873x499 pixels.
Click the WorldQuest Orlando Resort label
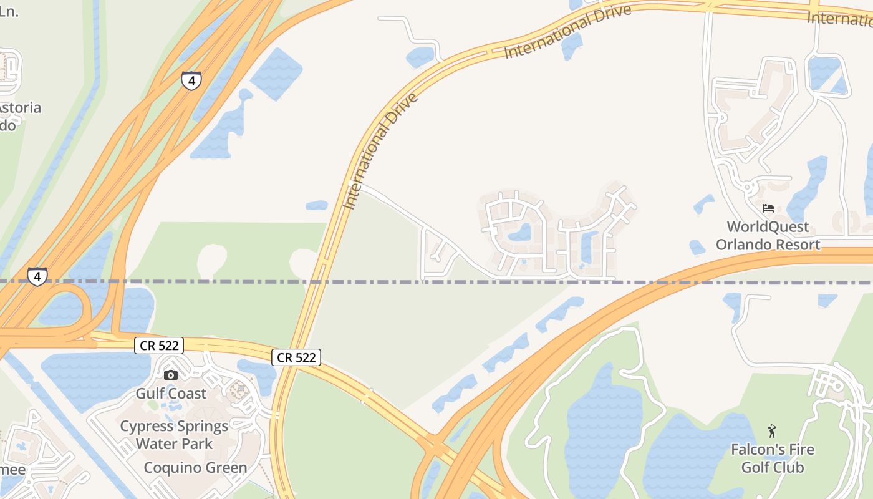(768, 236)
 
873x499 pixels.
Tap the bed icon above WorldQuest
(768, 208)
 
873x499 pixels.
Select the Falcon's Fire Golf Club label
(772, 458)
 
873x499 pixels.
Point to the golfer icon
(772, 431)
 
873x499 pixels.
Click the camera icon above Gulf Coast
(170, 375)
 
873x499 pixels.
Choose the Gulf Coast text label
(171, 394)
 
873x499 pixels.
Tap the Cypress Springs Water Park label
(174, 435)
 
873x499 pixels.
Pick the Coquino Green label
(195, 468)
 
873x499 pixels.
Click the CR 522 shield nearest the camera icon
(160, 346)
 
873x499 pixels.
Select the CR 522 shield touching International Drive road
(297, 357)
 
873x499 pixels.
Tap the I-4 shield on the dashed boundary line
(37, 276)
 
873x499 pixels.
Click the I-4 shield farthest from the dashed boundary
(191, 80)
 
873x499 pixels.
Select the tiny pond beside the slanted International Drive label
(317, 205)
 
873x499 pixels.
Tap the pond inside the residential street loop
(519, 233)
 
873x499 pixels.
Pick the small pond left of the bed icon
(705, 203)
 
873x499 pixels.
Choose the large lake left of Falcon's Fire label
(602, 430)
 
